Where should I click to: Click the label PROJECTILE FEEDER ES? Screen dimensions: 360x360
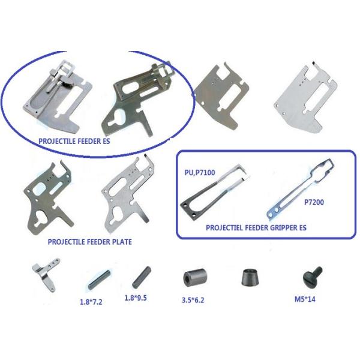point(74,141)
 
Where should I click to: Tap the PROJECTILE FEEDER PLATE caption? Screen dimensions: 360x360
point(90,242)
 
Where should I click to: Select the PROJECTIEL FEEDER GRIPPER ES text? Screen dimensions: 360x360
point(256,227)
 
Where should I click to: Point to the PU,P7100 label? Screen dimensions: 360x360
point(200,172)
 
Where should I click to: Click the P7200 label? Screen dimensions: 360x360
point(314,202)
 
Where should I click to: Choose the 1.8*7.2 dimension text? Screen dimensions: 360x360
point(91,302)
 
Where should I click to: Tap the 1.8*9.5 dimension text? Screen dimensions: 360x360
point(136,298)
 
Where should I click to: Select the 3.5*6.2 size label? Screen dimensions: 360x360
point(193,300)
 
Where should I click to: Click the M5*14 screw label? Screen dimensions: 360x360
point(305,299)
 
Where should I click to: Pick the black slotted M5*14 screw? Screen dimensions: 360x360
point(312,277)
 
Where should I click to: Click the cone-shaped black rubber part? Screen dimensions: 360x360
point(250,277)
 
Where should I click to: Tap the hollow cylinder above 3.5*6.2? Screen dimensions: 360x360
point(195,277)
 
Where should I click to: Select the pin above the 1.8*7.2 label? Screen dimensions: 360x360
point(99,279)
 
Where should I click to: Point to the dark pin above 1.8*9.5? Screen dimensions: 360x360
point(142,277)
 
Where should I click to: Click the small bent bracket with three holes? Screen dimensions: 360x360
point(46,273)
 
